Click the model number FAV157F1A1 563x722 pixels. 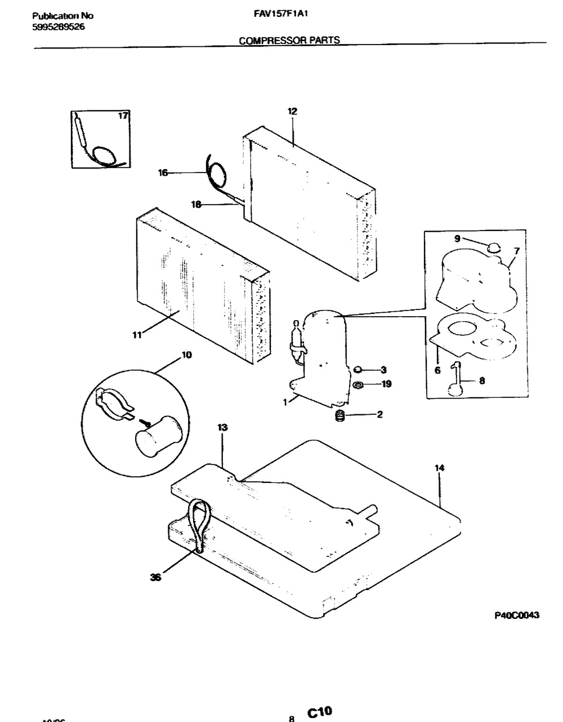pos(279,16)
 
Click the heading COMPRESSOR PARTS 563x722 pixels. pos(289,40)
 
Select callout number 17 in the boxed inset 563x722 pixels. pos(123,116)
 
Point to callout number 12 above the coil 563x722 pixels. pos(292,112)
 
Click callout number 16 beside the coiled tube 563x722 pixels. pos(163,173)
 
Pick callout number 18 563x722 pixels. pos(196,205)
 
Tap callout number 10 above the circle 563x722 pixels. pos(186,355)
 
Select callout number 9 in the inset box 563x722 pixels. pos(457,238)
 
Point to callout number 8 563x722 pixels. pos(481,380)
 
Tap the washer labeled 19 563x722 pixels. pos(356,385)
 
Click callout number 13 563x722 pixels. pos(222,428)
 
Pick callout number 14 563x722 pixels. pos(439,467)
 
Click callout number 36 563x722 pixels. pos(155,577)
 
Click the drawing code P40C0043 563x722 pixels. pos(516,615)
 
